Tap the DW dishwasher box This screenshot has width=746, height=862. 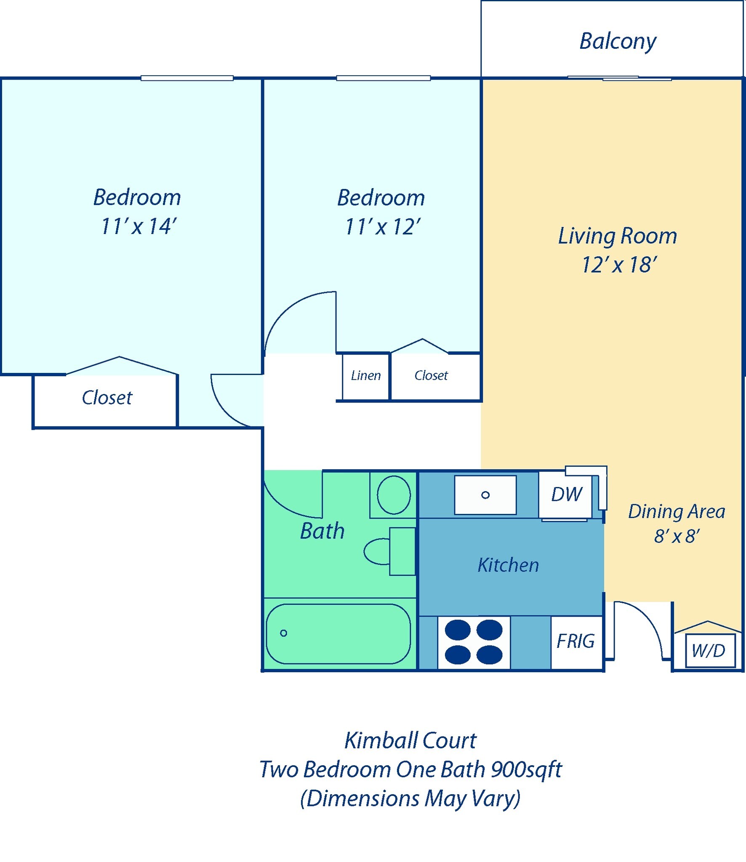(x=565, y=495)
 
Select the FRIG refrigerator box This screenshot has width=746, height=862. (x=576, y=642)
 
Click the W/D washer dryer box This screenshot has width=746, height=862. (x=710, y=650)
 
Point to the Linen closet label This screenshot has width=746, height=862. (x=366, y=375)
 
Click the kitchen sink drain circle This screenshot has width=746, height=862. (x=485, y=495)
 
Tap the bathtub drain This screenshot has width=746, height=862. (x=284, y=633)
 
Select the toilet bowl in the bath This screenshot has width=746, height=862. (x=377, y=551)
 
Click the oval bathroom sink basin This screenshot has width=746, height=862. (x=394, y=495)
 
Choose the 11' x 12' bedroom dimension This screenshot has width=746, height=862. (x=382, y=227)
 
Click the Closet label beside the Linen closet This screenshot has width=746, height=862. (x=431, y=375)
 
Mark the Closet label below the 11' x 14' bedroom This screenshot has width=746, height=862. (x=107, y=398)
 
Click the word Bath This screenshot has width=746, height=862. (x=322, y=531)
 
